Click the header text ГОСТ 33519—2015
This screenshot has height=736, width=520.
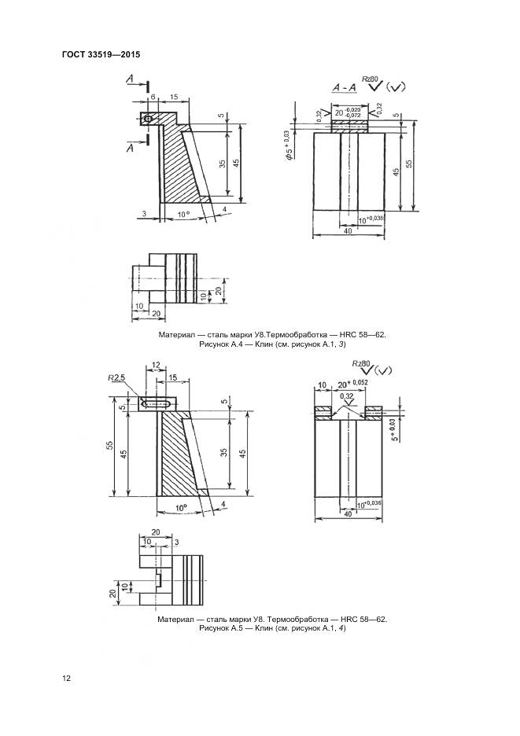[100, 55]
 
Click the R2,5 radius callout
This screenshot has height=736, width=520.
[118, 379]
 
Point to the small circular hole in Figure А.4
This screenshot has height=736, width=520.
[147, 119]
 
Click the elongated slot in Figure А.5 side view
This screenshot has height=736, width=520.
[160, 404]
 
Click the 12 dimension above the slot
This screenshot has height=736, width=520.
[156, 366]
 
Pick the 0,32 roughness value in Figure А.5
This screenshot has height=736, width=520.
[346, 396]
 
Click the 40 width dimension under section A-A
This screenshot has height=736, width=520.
[348, 231]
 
